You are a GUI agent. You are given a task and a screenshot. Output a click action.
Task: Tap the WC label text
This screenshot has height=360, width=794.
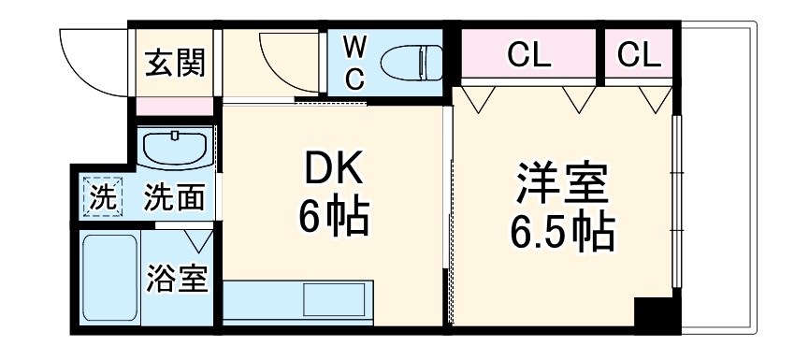click(x=354, y=62)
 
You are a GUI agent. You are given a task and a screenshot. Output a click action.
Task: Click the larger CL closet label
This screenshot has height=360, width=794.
click(x=528, y=56)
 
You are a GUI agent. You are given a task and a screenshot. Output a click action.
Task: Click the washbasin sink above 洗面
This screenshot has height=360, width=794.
click(x=176, y=148)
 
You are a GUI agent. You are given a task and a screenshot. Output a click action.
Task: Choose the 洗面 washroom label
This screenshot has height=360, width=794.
click(x=175, y=197)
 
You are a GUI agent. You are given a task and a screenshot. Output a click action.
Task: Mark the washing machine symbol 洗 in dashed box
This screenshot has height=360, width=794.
click(x=101, y=197)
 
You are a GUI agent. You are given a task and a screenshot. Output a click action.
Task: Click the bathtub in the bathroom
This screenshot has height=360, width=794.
click(x=110, y=278)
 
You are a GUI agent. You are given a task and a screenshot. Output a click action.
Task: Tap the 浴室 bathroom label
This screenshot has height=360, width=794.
click(x=177, y=278)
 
